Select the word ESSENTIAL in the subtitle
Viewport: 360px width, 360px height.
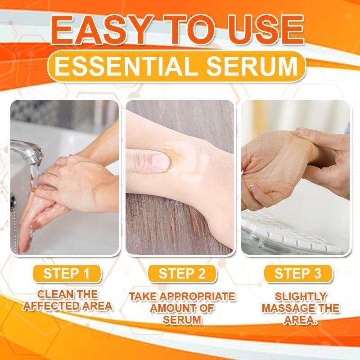coord(127,67)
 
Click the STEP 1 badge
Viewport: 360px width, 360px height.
coord(66,273)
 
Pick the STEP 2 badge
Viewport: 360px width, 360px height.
coord(182,273)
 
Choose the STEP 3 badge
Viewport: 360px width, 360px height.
coord(297,273)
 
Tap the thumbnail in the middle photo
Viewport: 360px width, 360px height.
coord(158,161)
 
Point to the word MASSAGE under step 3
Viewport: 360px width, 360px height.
coord(293,309)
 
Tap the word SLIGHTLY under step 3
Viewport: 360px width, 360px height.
coord(300,297)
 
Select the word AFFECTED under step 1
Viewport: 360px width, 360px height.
coord(49,307)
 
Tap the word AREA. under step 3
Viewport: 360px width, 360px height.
coord(301,320)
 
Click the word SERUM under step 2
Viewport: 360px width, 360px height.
coord(182,320)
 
